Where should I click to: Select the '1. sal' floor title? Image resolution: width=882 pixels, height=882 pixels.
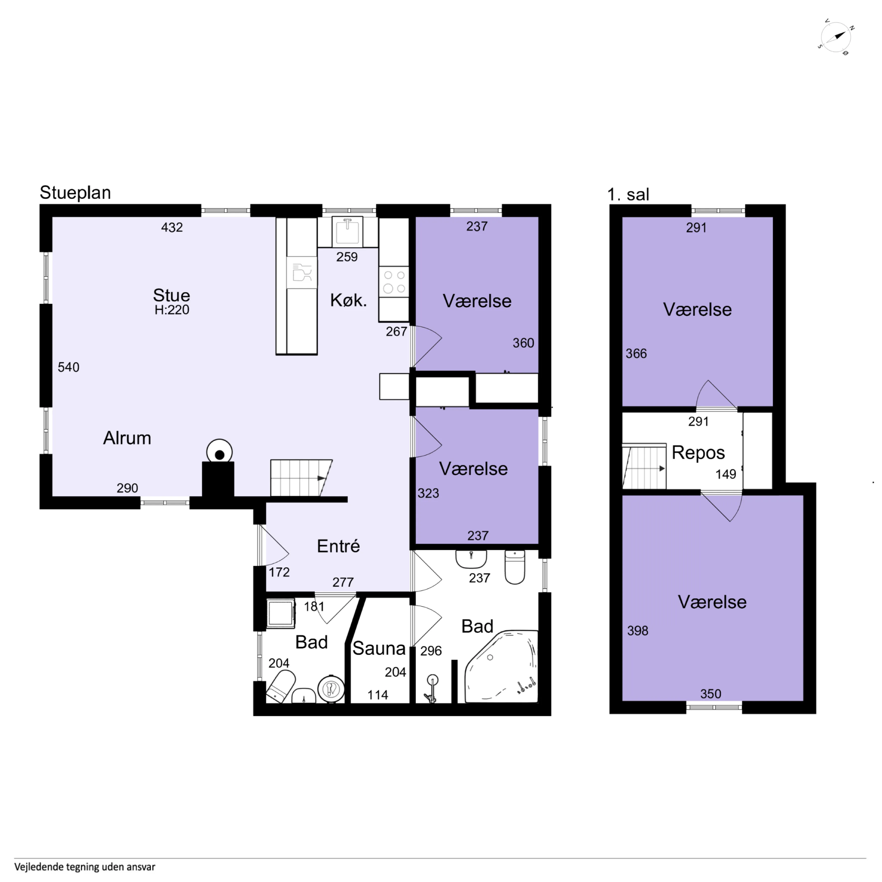pyautogui.click(x=628, y=194)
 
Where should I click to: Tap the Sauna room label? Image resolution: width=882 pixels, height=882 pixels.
pyautogui.click(x=379, y=648)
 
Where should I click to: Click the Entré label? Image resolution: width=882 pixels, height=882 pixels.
pyautogui.click(x=338, y=546)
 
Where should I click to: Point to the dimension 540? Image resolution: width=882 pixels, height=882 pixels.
pyautogui.click(x=68, y=367)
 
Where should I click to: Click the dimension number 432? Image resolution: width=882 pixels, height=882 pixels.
pyautogui.click(x=172, y=227)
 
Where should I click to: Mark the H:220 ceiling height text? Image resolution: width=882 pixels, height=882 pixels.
pyautogui.click(x=172, y=310)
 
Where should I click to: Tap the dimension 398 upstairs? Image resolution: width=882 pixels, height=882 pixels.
pyautogui.click(x=638, y=631)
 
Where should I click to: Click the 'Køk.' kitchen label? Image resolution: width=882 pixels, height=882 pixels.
pyautogui.click(x=348, y=300)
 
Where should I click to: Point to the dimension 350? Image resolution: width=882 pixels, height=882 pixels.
pyautogui.click(x=711, y=694)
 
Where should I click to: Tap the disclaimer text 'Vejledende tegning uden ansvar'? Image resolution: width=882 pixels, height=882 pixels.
pyautogui.click(x=85, y=867)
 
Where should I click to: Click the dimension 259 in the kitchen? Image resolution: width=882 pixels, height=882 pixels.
pyautogui.click(x=347, y=257)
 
